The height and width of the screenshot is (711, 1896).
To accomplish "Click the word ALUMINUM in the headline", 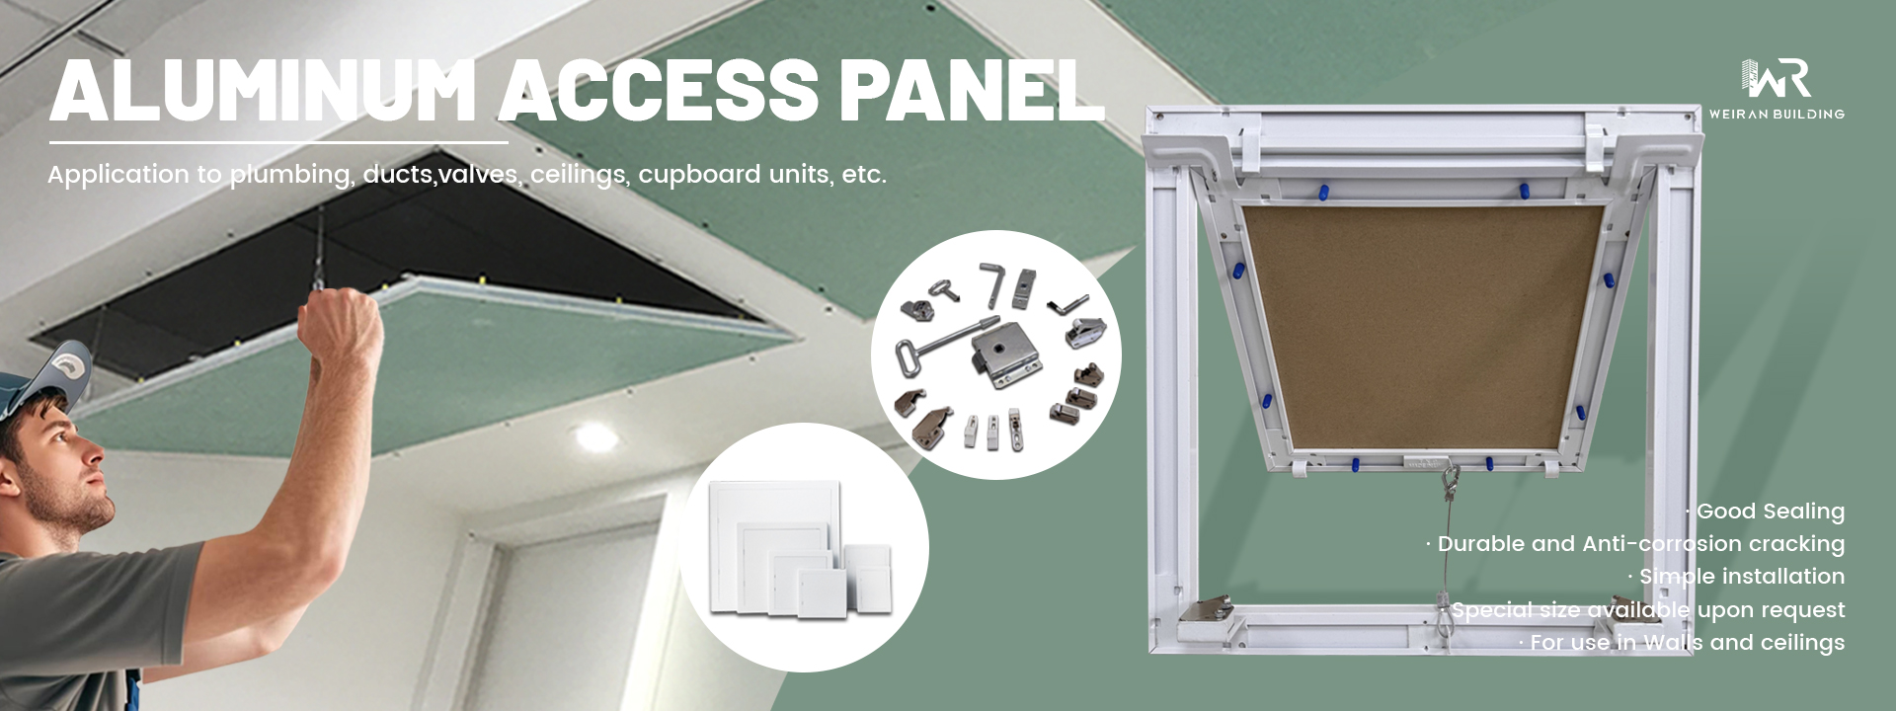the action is click(x=264, y=91).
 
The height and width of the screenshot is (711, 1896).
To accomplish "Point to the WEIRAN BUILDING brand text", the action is click(x=1777, y=114).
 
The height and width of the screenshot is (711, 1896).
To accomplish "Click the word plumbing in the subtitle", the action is click(x=290, y=175).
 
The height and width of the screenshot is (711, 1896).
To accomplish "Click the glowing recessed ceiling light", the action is click(x=592, y=436).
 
